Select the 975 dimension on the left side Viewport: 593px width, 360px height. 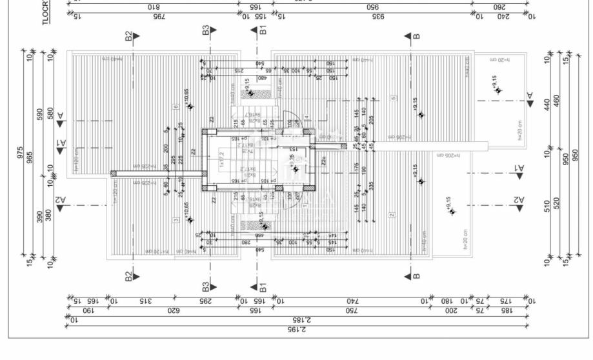21,154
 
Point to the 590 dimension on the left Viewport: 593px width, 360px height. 40,114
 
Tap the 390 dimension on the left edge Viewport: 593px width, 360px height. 40,217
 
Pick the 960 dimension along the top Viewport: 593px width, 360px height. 372,7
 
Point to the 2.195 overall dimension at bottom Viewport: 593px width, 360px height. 297,329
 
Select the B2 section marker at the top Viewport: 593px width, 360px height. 129,36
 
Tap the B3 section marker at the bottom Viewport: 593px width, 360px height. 206,284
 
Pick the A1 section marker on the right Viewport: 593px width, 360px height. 519,168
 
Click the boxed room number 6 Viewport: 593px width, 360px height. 176,106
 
